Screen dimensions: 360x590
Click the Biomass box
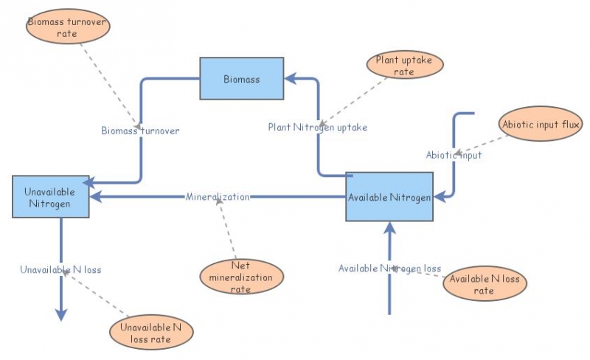(x=242, y=78)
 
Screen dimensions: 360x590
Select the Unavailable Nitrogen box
(x=51, y=197)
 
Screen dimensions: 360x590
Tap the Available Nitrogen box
(x=389, y=196)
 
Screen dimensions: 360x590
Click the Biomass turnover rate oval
(x=67, y=28)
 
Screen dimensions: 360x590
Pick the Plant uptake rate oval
(x=404, y=65)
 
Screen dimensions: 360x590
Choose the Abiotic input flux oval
(x=541, y=125)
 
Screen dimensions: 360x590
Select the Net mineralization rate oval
(x=241, y=277)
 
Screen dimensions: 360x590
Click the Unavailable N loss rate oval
(x=151, y=333)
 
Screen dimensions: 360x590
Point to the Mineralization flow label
(x=218, y=197)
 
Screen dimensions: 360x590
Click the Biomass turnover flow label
(x=140, y=131)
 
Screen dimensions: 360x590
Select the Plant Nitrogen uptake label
(x=317, y=127)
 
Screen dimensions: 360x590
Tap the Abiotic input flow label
(x=454, y=155)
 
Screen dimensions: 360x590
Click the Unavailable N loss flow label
(x=60, y=269)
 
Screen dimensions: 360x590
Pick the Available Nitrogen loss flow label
(x=389, y=268)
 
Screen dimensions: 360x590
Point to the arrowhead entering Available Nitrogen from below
(x=389, y=228)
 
